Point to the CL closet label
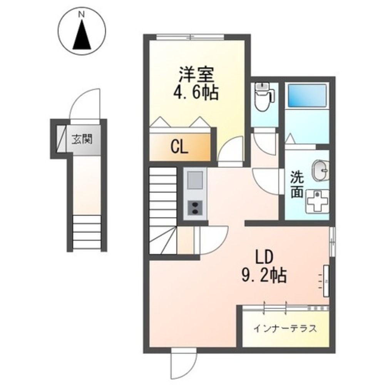point(179,147)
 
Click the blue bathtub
point(306,94)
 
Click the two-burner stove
point(195,208)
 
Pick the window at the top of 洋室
point(191,37)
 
